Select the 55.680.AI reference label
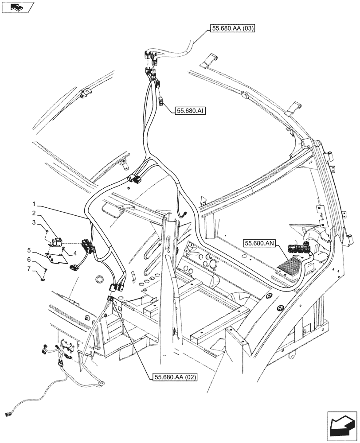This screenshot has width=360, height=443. point(192,110)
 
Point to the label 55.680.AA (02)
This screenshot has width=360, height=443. point(175,377)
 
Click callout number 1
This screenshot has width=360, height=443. point(35,205)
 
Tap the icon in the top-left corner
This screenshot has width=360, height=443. point(18,7)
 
